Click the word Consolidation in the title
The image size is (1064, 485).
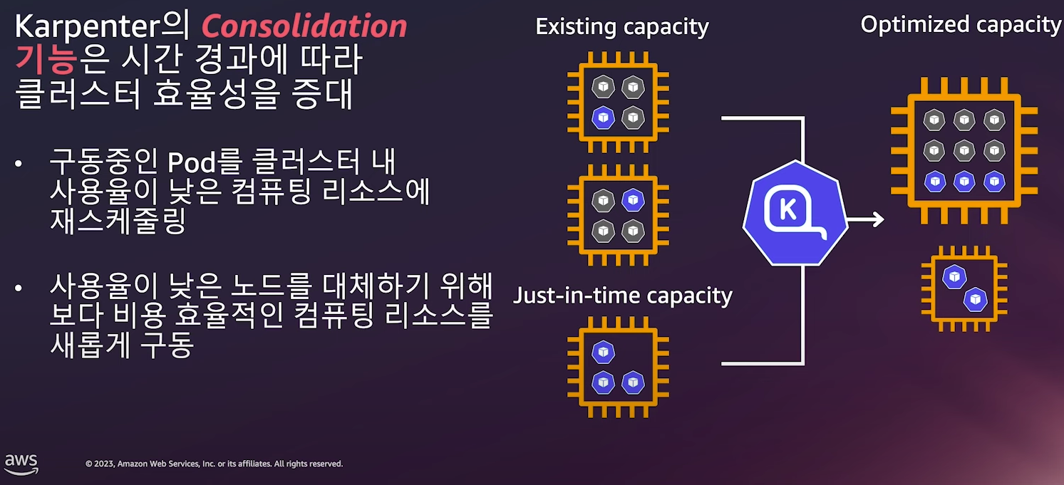pyautogui.click(x=304, y=27)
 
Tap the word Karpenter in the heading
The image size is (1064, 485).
pyautogui.click(x=95, y=27)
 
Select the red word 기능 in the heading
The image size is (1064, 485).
pyautogui.click(x=45, y=61)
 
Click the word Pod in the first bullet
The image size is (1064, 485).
pyautogui.click(x=192, y=163)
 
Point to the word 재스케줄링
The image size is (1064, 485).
pyautogui.click(x=118, y=221)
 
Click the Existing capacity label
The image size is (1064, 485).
pyautogui.click(x=622, y=27)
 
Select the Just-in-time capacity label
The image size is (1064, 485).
pyautogui.click(x=623, y=294)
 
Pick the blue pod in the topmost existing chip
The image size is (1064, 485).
pyautogui.click(x=604, y=117)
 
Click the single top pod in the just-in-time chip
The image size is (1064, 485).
pyautogui.click(x=604, y=352)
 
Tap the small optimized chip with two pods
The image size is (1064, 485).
pyautogui.click(x=964, y=288)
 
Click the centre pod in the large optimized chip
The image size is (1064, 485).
pyautogui.click(x=964, y=150)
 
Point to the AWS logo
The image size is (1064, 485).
pyautogui.click(x=21, y=463)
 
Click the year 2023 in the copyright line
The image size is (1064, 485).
pyautogui.click(x=103, y=464)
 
